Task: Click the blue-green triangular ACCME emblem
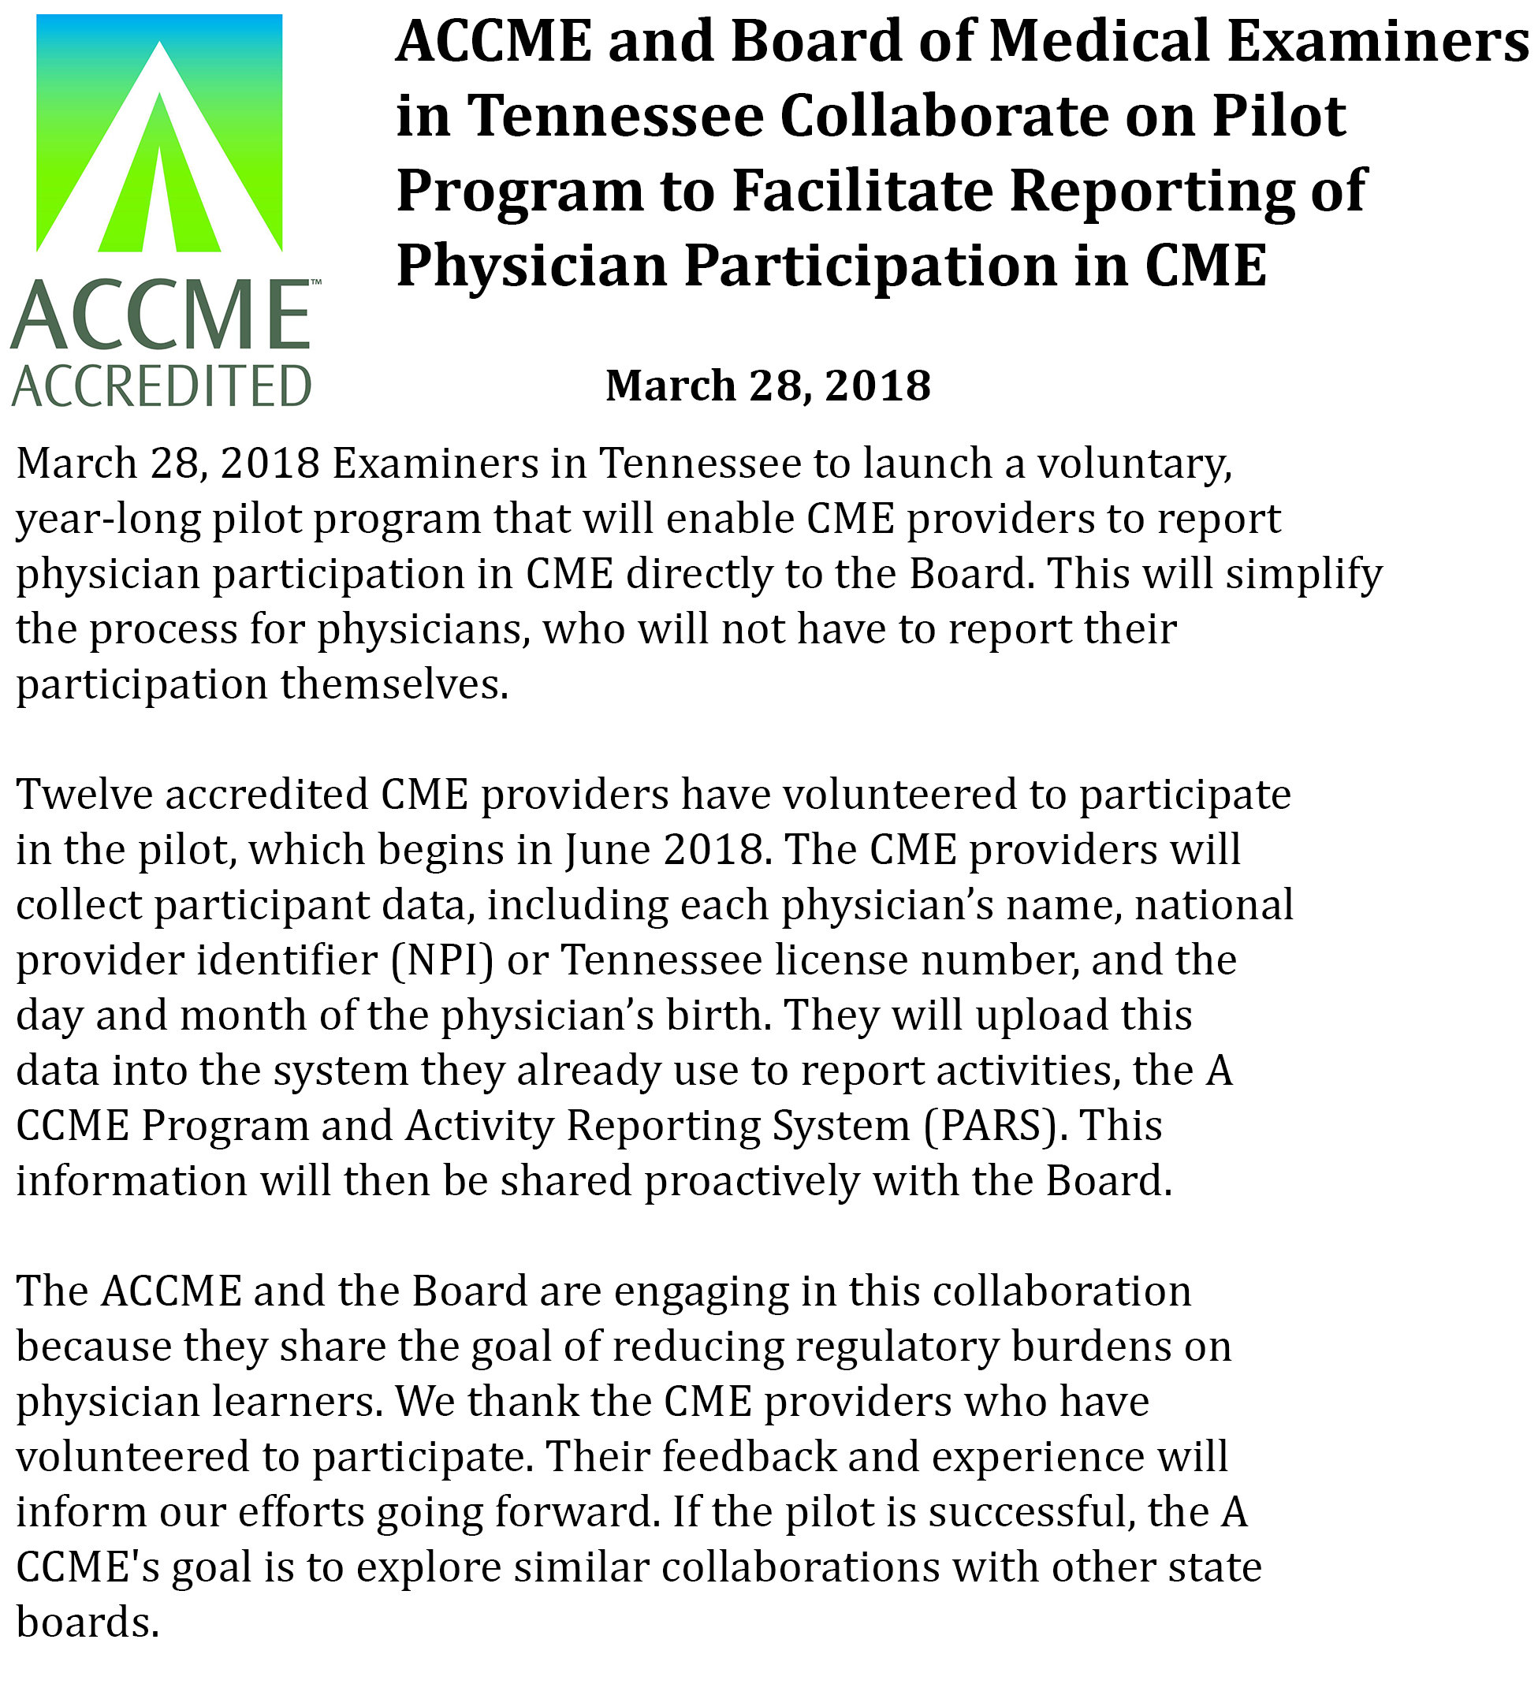(x=158, y=134)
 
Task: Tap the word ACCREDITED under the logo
(x=162, y=386)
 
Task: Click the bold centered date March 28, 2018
(x=768, y=386)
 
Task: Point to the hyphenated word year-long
(x=108, y=520)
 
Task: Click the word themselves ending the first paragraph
(x=393, y=685)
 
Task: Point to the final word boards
(x=87, y=1623)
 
